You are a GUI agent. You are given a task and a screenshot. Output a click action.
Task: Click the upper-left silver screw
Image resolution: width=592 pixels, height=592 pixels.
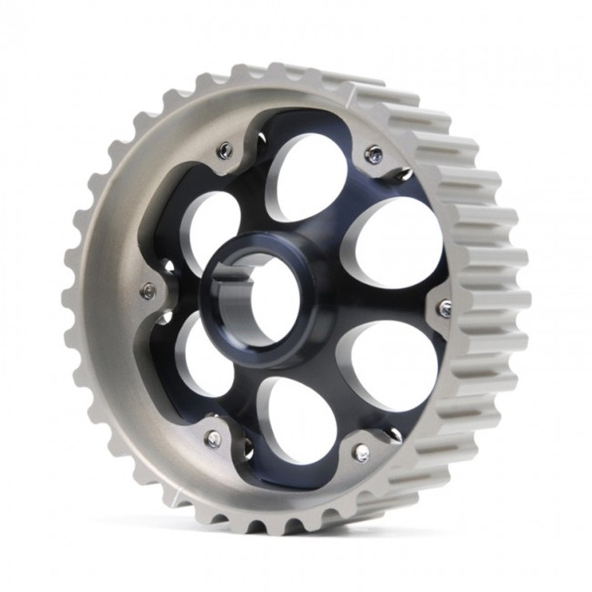(224, 151)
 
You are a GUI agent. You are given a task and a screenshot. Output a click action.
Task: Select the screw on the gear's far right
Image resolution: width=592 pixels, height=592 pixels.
(444, 309)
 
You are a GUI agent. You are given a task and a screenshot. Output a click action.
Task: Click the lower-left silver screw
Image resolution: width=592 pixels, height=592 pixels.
(213, 439)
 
